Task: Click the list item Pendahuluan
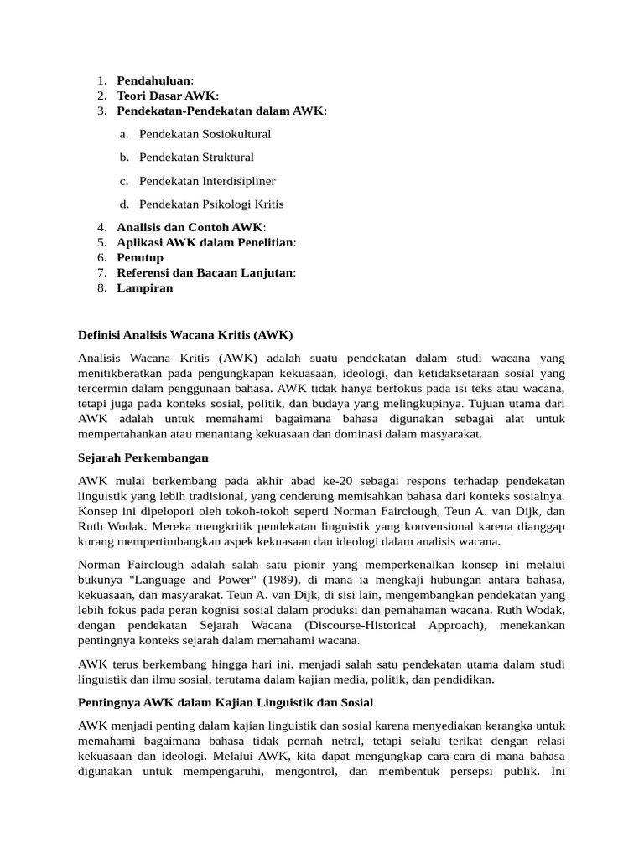point(154,80)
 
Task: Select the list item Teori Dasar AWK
point(166,96)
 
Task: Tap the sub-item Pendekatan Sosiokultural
point(205,134)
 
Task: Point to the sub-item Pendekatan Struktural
point(196,158)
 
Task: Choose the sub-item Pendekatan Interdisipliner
point(207,181)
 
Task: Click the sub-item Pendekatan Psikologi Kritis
point(211,204)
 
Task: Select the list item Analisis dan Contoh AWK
point(190,227)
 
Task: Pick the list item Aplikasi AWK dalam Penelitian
point(205,242)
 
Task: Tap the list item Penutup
point(140,257)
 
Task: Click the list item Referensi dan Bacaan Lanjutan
point(205,272)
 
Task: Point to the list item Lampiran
point(145,287)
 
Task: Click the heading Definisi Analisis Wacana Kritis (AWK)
point(185,334)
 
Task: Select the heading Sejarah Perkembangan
point(143,458)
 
